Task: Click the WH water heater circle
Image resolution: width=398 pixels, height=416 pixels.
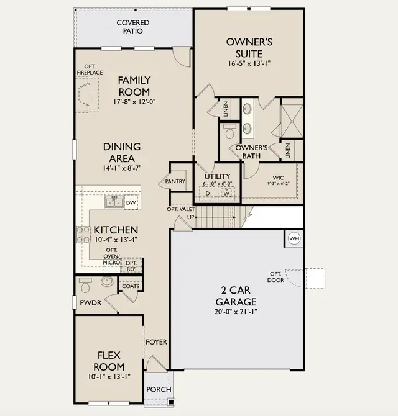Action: pyautogui.click(x=294, y=238)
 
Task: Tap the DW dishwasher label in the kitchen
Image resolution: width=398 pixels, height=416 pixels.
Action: pyautogui.click(x=131, y=202)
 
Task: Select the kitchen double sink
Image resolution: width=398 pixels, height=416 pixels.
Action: pyautogui.click(x=114, y=202)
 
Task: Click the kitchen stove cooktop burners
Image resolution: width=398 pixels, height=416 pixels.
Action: pyautogui.click(x=83, y=235)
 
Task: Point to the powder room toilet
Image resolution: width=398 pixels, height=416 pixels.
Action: pyautogui.click(x=85, y=285)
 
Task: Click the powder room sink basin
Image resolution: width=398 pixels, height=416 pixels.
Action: pyautogui.click(x=107, y=281)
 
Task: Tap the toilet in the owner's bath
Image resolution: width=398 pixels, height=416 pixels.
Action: pyautogui.click(x=229, y=131)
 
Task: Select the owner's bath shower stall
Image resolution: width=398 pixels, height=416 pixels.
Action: pyautogui.click(x=292, y=121)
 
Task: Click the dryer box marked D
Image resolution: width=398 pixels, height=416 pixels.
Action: pyautogui.click(x=208, y=193)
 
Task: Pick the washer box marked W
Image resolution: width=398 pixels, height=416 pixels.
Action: pyautogui.click(x=226, y=193)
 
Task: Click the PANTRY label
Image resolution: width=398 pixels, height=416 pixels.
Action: pyautogui.click(x=175, y=181)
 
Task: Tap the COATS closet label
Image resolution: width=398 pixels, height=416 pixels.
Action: pyautogui.click(x=131, y=286)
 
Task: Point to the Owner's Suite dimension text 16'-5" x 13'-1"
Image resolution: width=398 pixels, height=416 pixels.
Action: pyautogui.click(x=249, y=64)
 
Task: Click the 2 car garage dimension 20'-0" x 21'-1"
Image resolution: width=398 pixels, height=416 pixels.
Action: pyautogui.click(x=236, y=312)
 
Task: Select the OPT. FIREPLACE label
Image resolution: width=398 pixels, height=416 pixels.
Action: pyautogui.click(x=90, y=70)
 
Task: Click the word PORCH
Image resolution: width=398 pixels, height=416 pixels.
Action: pyautogui.click(x=159, y=389)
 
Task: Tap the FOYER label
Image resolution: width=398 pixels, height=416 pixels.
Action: pyautogui.click(x=156, y=342)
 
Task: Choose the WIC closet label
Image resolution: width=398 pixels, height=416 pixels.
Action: pyautogui.click(x=278, y=178)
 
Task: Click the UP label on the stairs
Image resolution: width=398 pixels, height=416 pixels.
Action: pyautogui.click(x=191, y=217)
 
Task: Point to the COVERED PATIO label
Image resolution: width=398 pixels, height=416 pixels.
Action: pyautogui.click(x=133, y=27)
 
